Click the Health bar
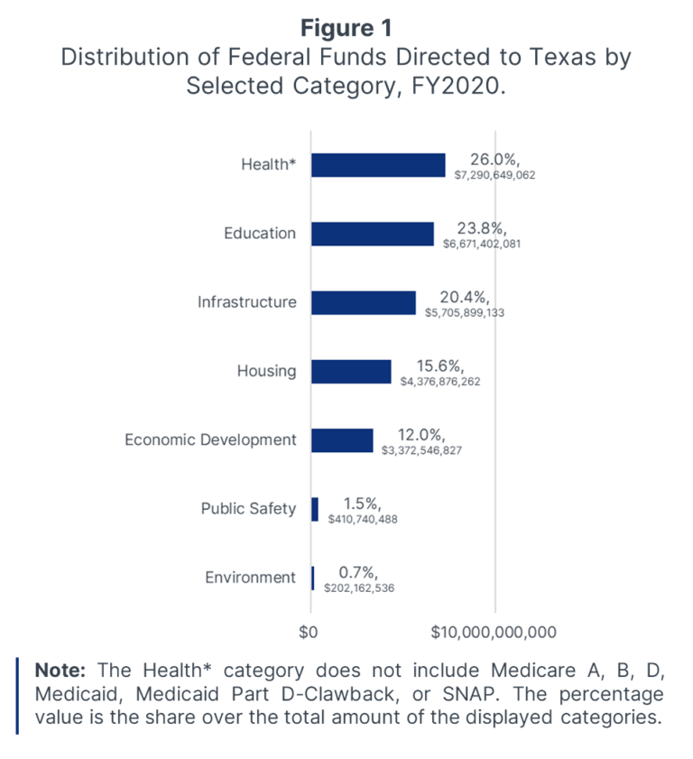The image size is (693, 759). pos(378,165)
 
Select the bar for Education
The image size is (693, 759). pos(373,234)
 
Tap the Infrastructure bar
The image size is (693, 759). pos(364,302)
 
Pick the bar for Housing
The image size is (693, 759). pos(351,371)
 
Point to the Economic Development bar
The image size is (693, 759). pos(342,440)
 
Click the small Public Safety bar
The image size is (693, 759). pos(315,509)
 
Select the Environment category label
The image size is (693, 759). pos(252,578)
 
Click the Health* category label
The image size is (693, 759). pos(268,165)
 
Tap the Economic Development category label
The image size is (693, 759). pos(210,440)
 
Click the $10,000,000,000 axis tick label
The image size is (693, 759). pos(494,631)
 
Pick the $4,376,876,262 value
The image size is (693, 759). pos(453,382)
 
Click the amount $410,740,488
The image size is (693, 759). pos(363,519)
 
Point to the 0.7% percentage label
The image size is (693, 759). pos(357,572)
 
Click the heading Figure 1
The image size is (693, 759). pos(346,28)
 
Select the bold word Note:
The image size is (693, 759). pos(60,671)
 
